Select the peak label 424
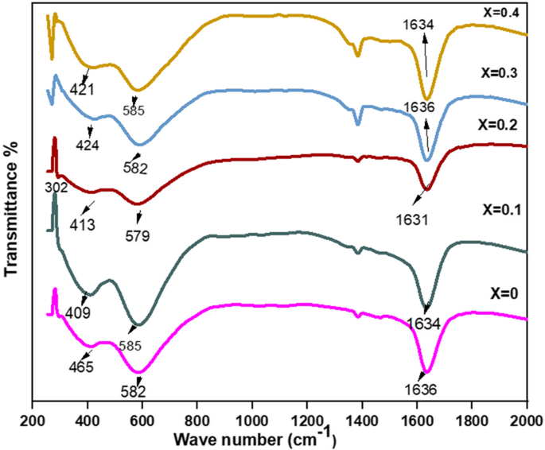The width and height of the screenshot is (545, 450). point(88,145)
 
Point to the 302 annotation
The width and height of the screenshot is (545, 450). point(56,188)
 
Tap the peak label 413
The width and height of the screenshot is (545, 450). point(82,225)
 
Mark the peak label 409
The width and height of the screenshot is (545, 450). point(78,312)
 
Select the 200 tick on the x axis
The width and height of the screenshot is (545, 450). point(33,420)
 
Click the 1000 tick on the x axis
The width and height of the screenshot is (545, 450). point(252,420)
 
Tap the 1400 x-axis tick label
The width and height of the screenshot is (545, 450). point(362,420)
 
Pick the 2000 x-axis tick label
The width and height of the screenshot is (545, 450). point(527,420)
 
